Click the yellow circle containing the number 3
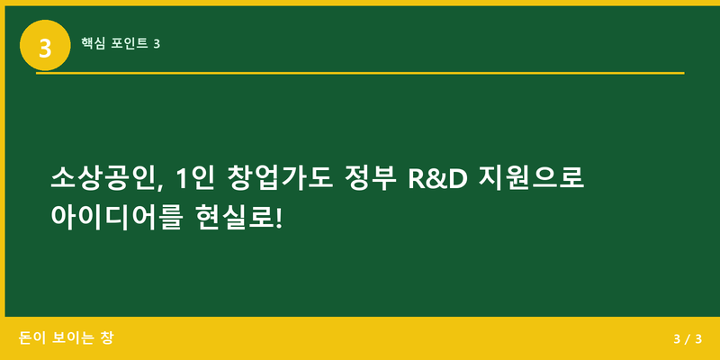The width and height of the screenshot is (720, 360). coord(45,44)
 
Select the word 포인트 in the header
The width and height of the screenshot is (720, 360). coord(130,43)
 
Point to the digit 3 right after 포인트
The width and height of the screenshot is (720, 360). coord(157,43)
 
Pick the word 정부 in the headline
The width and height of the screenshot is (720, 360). coord(369,177)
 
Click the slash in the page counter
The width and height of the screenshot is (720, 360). coord(687,339)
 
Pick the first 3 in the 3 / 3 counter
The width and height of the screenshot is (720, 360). coord(676,339)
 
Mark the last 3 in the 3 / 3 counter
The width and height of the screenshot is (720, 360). coord(697,339)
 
